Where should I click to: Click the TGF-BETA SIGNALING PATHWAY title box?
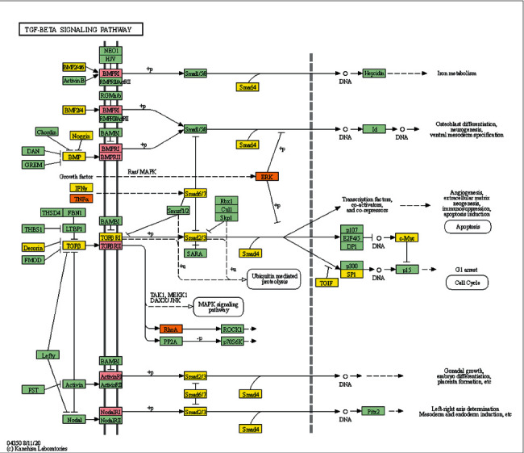81,29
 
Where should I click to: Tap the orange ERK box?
266,176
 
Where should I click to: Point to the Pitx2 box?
373,411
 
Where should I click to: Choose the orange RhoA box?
171,329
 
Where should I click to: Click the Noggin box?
81,136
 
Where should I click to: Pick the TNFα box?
81,199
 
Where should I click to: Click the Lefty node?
48,354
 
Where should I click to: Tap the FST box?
32,390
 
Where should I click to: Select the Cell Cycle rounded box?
467,282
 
